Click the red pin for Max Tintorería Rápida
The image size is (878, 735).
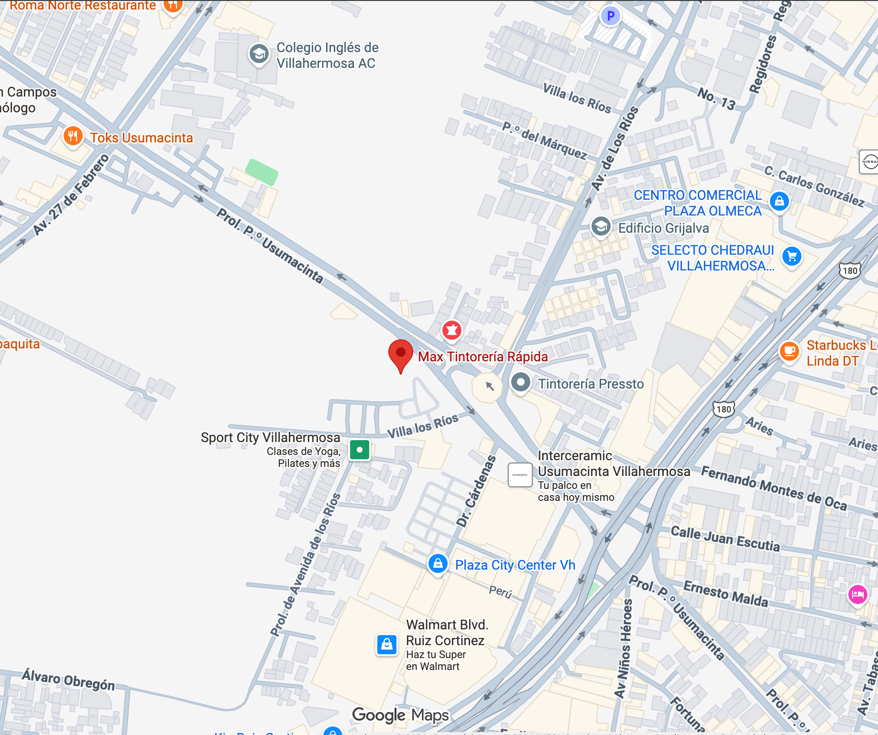pyautogui.click(x=401, y=354)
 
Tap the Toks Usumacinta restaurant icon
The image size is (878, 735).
pyautogui.click(x=73, y=136)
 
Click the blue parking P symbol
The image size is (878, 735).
pyautogui.click(x=610, y=16)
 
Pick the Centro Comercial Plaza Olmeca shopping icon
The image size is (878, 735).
pyautogui.click(x=779, y=201)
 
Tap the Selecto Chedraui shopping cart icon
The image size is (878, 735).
pyautogui.click(x=792, y=257)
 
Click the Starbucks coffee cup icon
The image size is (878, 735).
pyautogui.click(x=790, y=351)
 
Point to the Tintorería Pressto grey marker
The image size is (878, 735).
pyautogui.click(x=520, y=382)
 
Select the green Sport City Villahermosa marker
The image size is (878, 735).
pyautogui.click(x=360, y=450)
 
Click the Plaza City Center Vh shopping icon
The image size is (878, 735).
pyautogui.click(x=438, y=564)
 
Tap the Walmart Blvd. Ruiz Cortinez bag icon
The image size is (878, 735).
pyautogui.click(x=387, y=645)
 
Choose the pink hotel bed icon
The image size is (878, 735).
pyautogui.click(x=857, y=594)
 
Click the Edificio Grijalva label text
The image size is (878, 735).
pyautogui.click(x=663, y=228)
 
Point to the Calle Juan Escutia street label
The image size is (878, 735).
pyautogui.click(x=725, y=539)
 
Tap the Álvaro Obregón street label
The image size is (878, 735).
pyautogui.click(x=68, y=680)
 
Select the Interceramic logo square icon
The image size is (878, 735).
pyautogui.click(x=520, y=475)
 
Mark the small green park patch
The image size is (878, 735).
pyautogui.click(x=262, y=172)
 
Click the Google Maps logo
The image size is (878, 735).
pyautogui.click(x=400, y=715)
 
